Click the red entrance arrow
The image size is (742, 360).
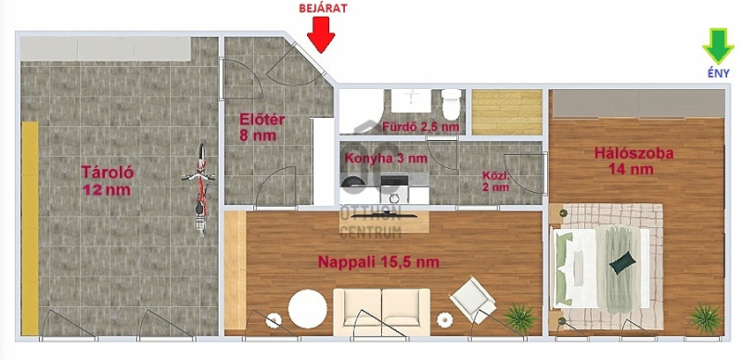click(321, 34)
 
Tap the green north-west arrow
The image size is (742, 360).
click(718, 46)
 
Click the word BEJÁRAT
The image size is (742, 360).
click(323, 8)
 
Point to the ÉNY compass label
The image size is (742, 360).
click(718, 73)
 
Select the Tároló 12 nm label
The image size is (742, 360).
click(107, 181)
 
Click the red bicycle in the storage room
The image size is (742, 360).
click(199, 189)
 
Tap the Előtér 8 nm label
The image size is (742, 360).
click(262, 127)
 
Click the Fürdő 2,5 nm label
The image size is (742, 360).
click(421, 127)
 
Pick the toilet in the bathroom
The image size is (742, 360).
click(451, 104)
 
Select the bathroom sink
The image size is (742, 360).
click(411, 101)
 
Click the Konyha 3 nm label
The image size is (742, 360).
click(386, 159)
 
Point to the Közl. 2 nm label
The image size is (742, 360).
click(496, 181)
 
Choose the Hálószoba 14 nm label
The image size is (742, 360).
click(634, 161)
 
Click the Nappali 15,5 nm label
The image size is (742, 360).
click(378, 262)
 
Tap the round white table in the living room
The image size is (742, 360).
click(307, 309)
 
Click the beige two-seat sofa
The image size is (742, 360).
click(381, 312)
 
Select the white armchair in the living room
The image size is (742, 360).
click(472, 300)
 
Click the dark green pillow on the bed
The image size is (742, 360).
click(621, 263)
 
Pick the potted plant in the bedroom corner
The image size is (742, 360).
click(706, 318)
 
